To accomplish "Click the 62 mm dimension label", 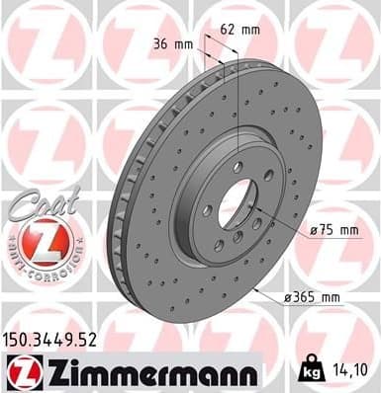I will coord(240,30).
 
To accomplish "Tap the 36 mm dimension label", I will coord(173,43).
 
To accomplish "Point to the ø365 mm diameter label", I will coord(312,297).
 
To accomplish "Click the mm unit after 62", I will coord(251,30).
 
